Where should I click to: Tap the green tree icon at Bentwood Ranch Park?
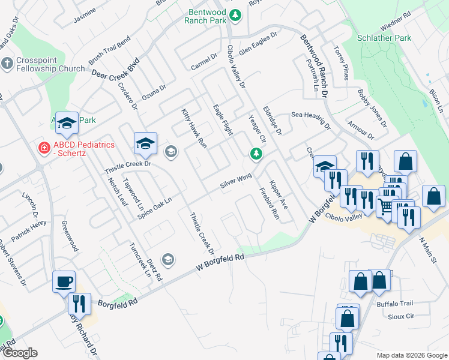point(236,14)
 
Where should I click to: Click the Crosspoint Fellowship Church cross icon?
point(7,63)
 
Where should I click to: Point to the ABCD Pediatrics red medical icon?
point(44,147)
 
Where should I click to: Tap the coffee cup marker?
point(64,281)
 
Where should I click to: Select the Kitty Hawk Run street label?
point(194,128)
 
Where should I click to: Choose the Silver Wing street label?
point(235,181)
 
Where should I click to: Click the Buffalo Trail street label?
point(392,304)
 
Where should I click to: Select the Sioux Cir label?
point(402,316)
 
